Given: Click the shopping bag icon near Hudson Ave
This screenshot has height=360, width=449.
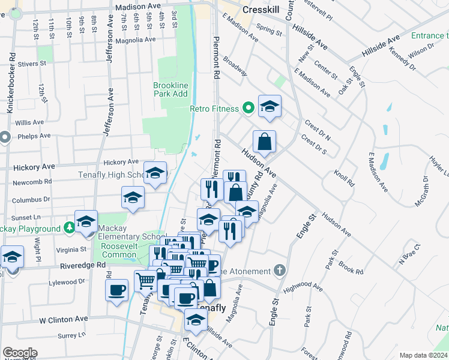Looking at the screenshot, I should pos(264,142).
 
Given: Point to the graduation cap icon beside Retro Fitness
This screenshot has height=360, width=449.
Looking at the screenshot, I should pos(270,107).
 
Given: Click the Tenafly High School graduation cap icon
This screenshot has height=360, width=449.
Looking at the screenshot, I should pos(155,173).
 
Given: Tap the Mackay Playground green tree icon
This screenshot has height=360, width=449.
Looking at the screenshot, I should pos(70,229).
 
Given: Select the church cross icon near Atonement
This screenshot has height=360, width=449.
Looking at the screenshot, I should pos(279,271).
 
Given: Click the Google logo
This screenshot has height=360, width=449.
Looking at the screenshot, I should pos(20,353).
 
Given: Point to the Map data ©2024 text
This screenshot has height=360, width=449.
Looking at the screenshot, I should pos(423,355).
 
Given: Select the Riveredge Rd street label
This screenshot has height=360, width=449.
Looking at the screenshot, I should pos(83,264).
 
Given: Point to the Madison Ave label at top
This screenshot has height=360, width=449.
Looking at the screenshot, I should pos(137,5).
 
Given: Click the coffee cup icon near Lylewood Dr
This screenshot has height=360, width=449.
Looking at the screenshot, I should pos(116,290).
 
